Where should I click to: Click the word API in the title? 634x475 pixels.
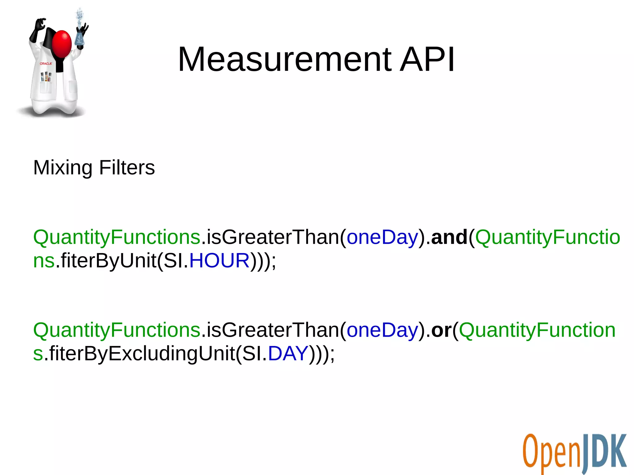click(427, 59)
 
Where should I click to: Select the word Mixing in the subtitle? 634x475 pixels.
click(63, 168)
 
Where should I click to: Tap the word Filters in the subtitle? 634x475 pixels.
click(127, 167)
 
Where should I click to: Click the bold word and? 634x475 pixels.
click(449, 237)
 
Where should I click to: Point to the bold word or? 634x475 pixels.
click(441, 330)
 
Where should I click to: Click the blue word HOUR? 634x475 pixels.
click(219, 261)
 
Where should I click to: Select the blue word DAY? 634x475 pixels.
click(288, 353)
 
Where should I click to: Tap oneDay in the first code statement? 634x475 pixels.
click(382, 237)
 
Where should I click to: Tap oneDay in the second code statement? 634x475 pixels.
click(382, 330)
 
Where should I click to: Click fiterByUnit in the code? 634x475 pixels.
click(108, 261)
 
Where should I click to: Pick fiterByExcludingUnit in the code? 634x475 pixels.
click(141, 353)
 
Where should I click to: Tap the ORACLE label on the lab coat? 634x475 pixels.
click(46, 63)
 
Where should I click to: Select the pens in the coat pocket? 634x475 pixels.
click(46, 76)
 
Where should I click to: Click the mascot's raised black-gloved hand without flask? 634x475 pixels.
click(39, 26)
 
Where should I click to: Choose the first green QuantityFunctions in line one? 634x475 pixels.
click(117, 237)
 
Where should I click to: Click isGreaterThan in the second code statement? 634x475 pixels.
click(273, 330)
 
